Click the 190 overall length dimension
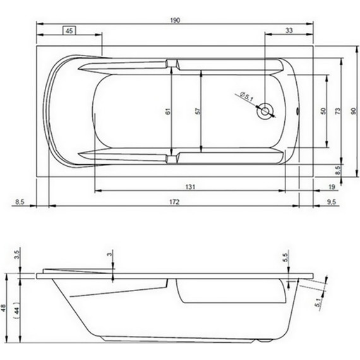coord(175,20)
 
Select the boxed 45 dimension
coord(70,30)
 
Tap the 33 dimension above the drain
coord(289,30)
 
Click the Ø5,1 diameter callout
coord(247,97)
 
